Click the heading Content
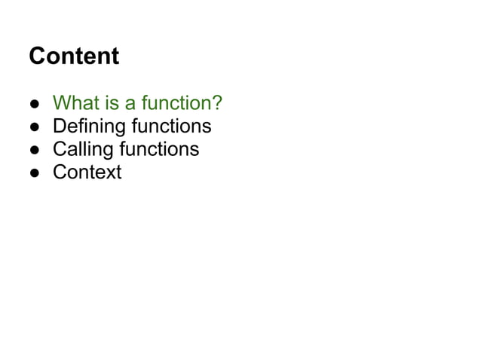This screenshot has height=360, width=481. click(x=73, y=56)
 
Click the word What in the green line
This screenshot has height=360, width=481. click(x=72, y=102)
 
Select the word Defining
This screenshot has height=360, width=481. click(x=88, y=126)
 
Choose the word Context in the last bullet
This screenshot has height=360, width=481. click(x=87, y=172)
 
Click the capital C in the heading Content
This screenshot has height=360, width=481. click(x=35, y=56)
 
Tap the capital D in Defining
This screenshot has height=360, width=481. click(x=59, y=126)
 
